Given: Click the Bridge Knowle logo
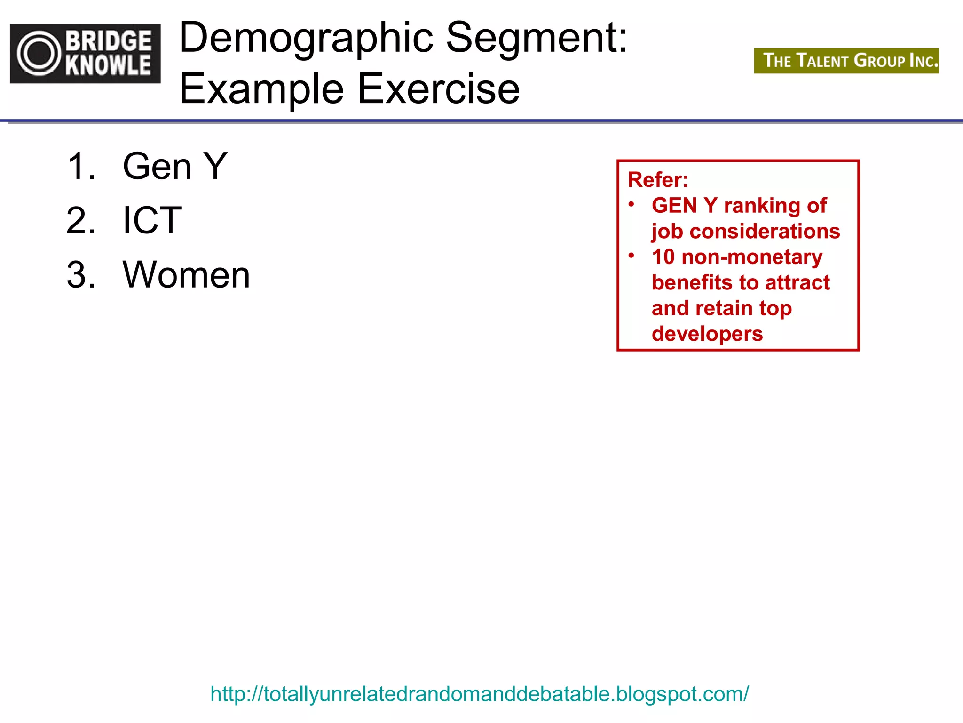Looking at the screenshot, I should [85, 54].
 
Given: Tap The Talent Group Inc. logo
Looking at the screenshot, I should [846, 61].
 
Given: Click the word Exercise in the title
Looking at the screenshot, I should [439, 89].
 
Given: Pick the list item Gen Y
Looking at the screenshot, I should [175, 166].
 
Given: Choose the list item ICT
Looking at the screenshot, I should [152, 220].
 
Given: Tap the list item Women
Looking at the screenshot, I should [186, 275].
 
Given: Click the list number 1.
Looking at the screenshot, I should [81, 166].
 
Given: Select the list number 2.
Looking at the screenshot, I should [81, 220].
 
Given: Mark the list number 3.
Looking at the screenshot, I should [81, 275].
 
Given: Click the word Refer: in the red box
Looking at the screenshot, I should [658, 180].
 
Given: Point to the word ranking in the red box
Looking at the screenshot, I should [762, 206].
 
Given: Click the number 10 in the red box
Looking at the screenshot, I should [663, 257].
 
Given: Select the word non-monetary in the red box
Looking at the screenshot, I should [752, 257].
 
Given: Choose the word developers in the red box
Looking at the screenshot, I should [707, 334].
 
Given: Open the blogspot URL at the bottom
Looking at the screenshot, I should [479, 694].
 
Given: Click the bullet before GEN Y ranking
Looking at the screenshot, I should [631, 204].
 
